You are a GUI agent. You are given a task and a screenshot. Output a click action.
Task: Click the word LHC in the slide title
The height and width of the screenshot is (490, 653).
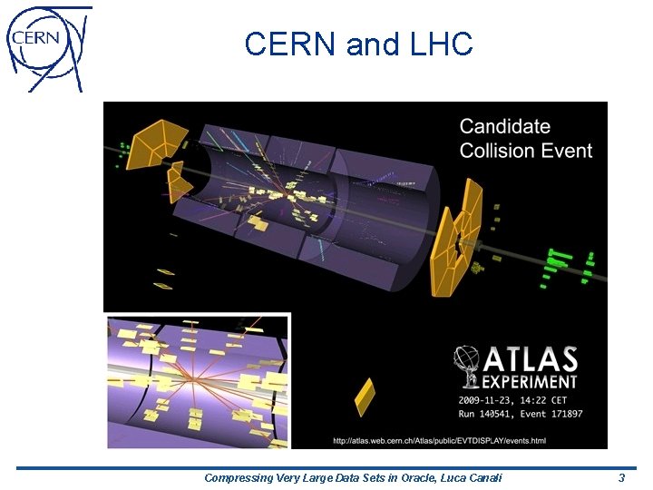point(441,44)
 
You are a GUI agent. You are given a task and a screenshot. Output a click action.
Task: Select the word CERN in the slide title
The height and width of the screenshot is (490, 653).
point(291,44)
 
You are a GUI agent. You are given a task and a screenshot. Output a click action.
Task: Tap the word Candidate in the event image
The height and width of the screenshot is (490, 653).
point(505,127)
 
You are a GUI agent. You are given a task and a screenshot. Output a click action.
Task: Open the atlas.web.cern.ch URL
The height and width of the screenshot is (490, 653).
point(440,440)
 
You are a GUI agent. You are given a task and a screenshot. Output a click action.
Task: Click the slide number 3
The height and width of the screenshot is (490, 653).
point(621,477)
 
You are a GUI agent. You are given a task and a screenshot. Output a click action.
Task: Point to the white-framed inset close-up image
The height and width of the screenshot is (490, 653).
point(198,380)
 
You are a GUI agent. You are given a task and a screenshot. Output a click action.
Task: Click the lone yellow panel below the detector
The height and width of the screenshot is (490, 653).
point(364,397)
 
